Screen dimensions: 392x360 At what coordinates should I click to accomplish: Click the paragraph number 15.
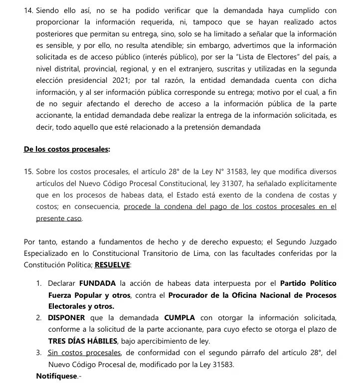point(28,172)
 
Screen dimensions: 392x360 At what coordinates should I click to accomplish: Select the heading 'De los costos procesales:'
point(67,149)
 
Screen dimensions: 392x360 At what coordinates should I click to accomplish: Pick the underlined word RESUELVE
point(114,264)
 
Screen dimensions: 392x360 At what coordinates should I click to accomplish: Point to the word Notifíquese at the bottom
point(57,376)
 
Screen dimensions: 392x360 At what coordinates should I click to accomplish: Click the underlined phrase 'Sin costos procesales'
point(85,353)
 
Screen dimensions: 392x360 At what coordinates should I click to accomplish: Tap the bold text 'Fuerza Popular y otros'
point(90,295)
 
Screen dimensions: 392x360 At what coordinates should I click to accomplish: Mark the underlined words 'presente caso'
point(58,218)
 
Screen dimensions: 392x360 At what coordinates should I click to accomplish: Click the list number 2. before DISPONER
point(39,318)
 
